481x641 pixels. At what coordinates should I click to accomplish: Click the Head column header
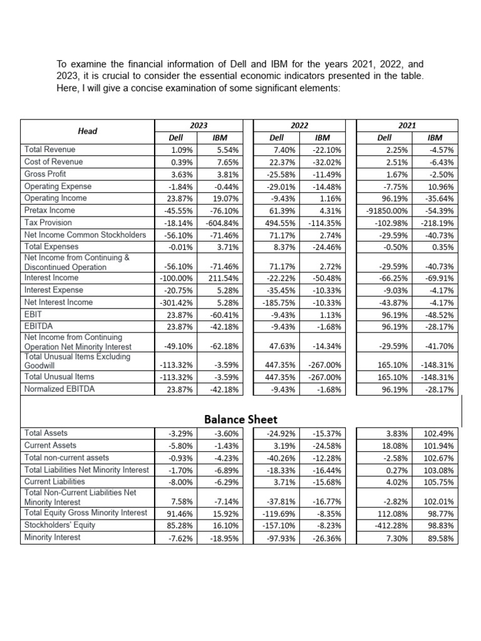87,131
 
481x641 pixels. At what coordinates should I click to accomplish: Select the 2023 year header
199,125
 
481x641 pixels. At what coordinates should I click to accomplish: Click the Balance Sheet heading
240,419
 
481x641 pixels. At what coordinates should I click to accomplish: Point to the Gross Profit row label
45,173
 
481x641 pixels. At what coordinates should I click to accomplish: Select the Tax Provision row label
48,222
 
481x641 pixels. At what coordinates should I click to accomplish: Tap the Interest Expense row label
53,290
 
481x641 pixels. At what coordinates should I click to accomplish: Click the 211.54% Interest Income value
225,278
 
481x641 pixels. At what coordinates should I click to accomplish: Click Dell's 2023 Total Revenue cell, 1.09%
182,150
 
